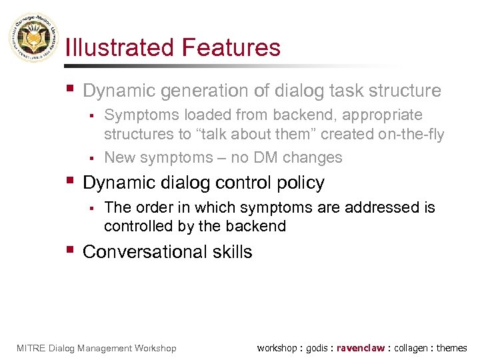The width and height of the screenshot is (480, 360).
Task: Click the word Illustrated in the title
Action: pyautogui.click(x=117, y=48)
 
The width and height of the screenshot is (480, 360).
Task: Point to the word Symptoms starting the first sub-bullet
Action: pyautogui.click(x=137, y=115)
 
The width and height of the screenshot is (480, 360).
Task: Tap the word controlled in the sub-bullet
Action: pyautogui.click(x=136, y=226)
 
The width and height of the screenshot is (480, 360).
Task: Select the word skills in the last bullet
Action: pyautogui.click(x=231, y=252)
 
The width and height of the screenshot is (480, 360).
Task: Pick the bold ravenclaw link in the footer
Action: pyautogui.click(x=361, y=348)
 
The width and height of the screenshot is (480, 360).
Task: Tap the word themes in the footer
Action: pyautogui.click(x=452, y=348)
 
